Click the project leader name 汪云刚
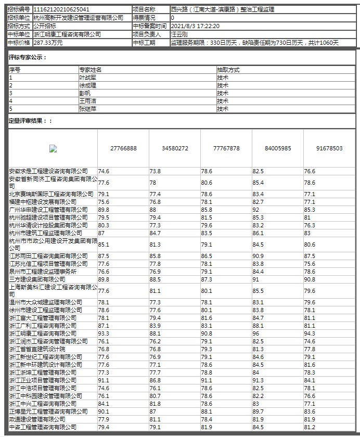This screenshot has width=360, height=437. pyautogui.click(x=179, y=34)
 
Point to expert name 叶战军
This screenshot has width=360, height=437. pyautogui.click(x=88, y=77)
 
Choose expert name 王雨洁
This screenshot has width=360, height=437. pyautogui.click(x=88, y=101)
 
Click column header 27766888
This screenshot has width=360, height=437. pyautogui.click(x=123, y=148)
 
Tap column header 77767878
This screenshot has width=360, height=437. pyautogui.click(x=226, y=148)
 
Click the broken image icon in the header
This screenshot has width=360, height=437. pyautogui.click(x=53, y=148)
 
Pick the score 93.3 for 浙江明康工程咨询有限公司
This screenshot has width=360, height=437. pyautogui.click(x=104, y=333)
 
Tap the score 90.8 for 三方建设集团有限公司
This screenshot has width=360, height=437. pyautogui.click(x=310, y=279)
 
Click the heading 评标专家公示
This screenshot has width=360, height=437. pyautogui.click(x=28, y=57)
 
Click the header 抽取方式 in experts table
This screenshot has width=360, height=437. pyautogui.click(x=228, y=70)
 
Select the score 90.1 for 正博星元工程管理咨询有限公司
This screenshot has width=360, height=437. pyautogui.click(x=104, y=412)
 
